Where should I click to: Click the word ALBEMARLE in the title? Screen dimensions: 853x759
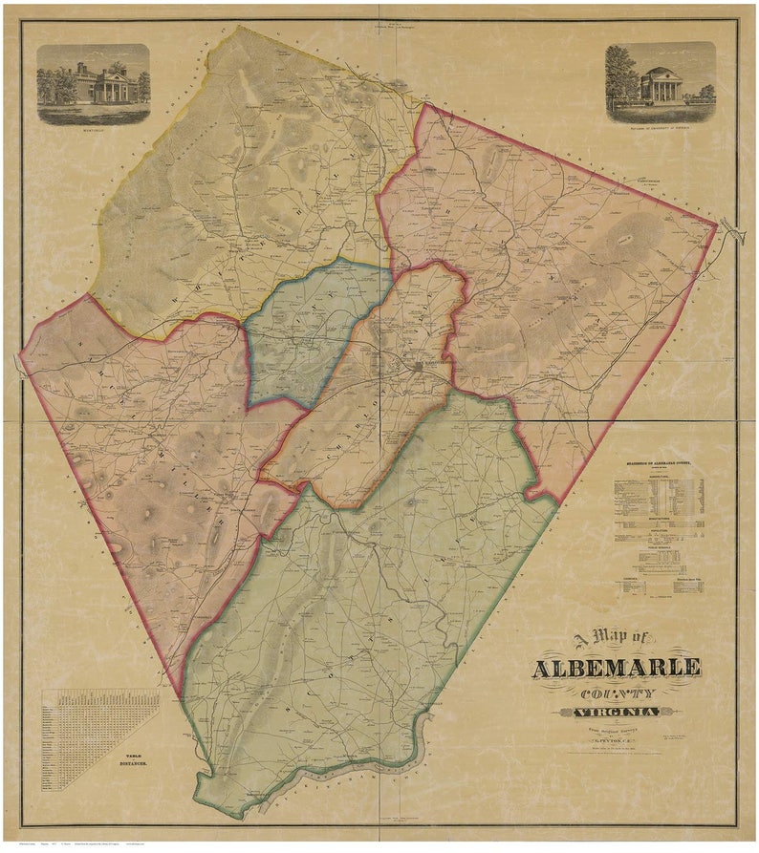point(616,667)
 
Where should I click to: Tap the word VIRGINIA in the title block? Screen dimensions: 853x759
point(617,713)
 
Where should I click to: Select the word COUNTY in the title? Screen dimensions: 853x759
point(617,693)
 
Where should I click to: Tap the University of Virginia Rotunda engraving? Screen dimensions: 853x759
point(660,83)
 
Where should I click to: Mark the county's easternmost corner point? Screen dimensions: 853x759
point(717,226)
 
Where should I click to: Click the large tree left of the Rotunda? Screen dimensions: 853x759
point(621,76)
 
